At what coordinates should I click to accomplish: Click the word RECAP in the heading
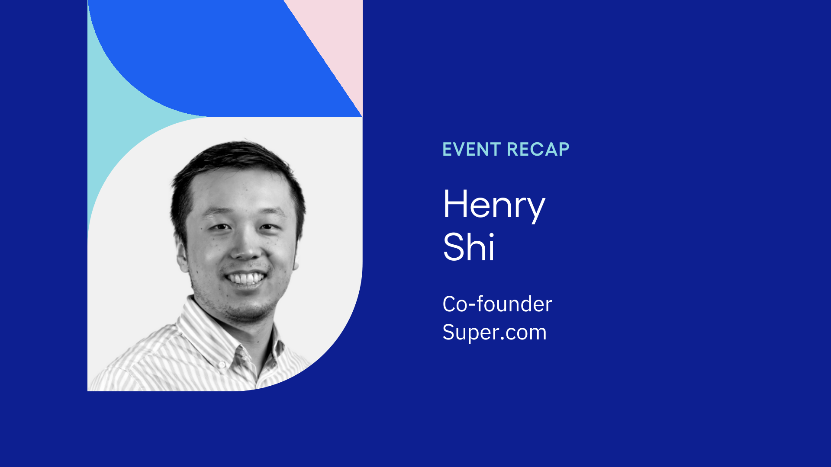click(538, 150)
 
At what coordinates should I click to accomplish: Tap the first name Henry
click(494, 205)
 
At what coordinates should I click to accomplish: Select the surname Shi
click(469, 247)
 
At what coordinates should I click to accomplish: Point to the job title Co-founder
click(497, 304)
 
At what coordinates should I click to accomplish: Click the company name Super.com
click(494, 332)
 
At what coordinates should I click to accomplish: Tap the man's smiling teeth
click(246, 278)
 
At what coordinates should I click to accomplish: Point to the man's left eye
click(269, 227)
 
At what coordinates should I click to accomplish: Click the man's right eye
click(221, 227)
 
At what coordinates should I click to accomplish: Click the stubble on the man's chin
click(249, 309)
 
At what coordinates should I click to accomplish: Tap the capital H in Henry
click(454, 204)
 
